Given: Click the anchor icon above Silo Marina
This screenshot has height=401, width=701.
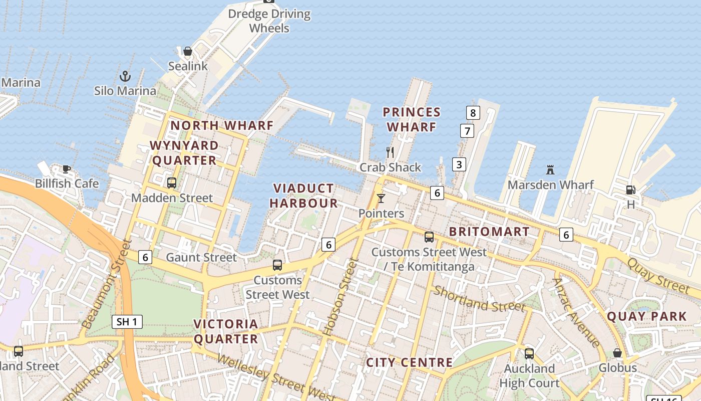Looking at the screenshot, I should (125, 76).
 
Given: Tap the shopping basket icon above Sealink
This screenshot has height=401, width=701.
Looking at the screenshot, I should (188, 51).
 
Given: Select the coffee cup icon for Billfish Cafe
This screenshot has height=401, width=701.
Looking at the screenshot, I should (67, 169).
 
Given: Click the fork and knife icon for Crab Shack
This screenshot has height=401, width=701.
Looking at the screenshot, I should (390, 152).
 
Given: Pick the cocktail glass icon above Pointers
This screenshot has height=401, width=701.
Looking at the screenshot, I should (381, 198).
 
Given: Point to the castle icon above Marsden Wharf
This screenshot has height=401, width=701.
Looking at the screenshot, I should (550, 169).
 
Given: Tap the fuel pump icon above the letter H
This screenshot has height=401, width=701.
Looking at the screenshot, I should (630, 190).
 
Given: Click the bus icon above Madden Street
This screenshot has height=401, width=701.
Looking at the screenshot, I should (172, 183).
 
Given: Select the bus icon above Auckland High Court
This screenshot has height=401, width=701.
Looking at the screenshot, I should (529, 353).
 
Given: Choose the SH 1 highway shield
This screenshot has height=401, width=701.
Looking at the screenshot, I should (127, 322).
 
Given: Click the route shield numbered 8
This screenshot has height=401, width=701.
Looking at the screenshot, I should (473, 113).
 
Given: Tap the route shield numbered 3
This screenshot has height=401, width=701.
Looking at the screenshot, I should (459, 164).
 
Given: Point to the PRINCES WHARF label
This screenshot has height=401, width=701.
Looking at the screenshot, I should (412, 119).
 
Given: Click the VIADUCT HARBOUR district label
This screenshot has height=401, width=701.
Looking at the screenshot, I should (303, 195).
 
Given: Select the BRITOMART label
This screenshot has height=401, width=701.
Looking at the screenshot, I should (489, 232).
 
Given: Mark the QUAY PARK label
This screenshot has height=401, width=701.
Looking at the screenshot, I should (647, 316).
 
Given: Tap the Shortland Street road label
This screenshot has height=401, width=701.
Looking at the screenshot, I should (479, 299).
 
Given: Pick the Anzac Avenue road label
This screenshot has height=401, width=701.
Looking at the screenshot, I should (576, 313).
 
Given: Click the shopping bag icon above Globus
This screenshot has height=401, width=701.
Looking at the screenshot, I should (617, 353).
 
